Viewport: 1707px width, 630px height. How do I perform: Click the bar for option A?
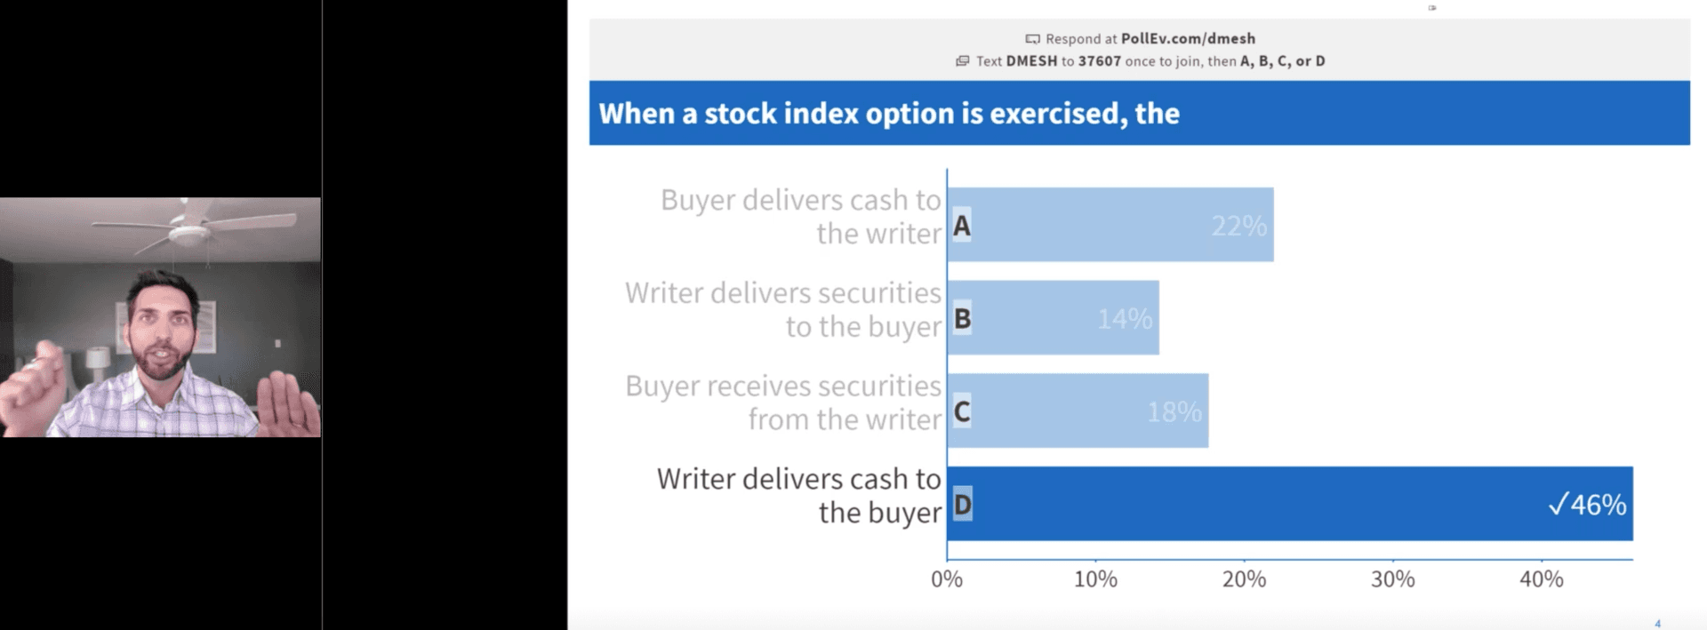coord(1110,225)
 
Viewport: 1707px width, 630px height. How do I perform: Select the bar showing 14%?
coord(1054,318)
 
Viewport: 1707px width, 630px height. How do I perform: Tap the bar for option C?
coord(1078,411)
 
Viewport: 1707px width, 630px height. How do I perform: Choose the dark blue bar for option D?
coord(1290,504)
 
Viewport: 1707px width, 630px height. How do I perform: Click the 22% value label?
coord(1239,226)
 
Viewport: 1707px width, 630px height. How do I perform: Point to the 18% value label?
coord(1174,411)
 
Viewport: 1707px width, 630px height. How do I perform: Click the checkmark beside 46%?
coord(1558,505)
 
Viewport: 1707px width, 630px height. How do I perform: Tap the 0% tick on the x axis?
coord(947,579)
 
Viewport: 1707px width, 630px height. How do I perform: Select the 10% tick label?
coord(1095,579)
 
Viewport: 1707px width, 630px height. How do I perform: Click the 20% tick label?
coord(1244,579)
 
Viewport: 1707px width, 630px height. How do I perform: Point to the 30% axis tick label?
coord(1392,579)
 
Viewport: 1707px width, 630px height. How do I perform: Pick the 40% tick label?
coord(1541,579)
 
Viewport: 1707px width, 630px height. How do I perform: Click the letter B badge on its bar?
coord(962,318)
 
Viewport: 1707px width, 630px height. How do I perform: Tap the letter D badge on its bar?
coord(962,505)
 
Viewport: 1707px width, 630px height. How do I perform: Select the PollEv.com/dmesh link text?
coord(1189,38)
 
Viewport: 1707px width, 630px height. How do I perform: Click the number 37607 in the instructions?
coord(1100,61)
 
